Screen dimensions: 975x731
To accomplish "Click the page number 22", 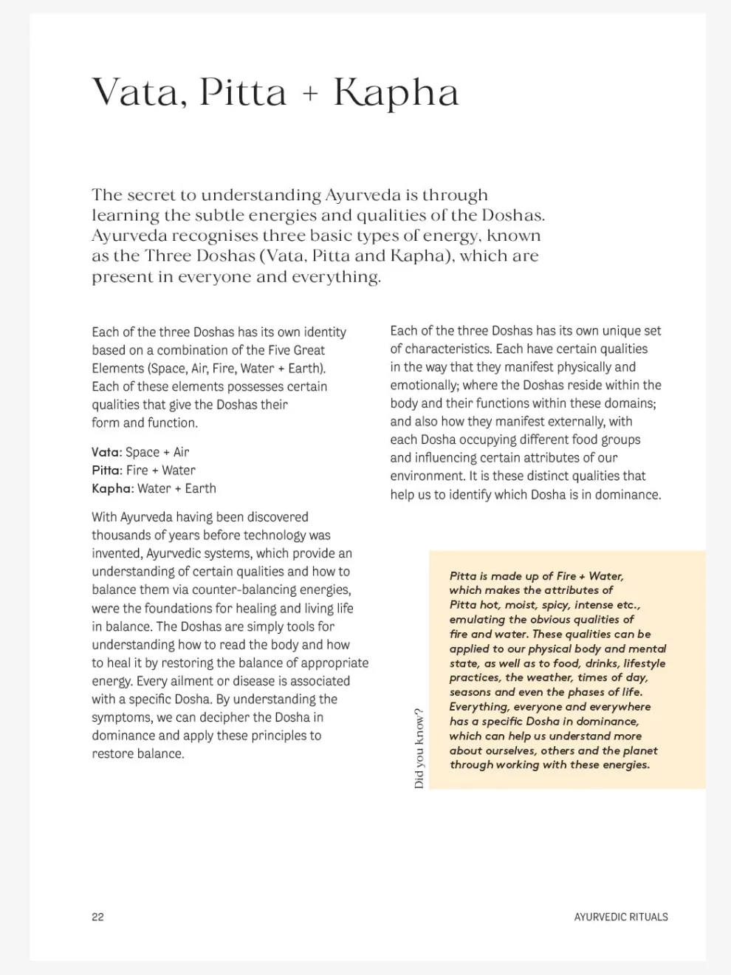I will tap(97, 917).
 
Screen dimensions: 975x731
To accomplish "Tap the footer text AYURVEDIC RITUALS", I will tap(620, 917).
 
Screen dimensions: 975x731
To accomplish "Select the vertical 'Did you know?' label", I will tap(419, 748).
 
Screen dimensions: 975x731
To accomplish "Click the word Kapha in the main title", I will tap(397, 94).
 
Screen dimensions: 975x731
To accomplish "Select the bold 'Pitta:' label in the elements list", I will tap(106, 470).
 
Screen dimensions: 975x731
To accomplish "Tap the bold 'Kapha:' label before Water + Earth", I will tap(112, 488).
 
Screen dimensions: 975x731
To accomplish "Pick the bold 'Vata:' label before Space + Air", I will tap(106, 452).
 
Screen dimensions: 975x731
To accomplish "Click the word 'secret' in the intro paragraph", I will tap(151, 195).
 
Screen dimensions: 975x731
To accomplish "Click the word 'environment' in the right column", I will tap(428, 476).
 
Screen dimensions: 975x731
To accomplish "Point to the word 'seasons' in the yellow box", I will tap(470, 692).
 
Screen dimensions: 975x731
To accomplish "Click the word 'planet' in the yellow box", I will tap(640, 750).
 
